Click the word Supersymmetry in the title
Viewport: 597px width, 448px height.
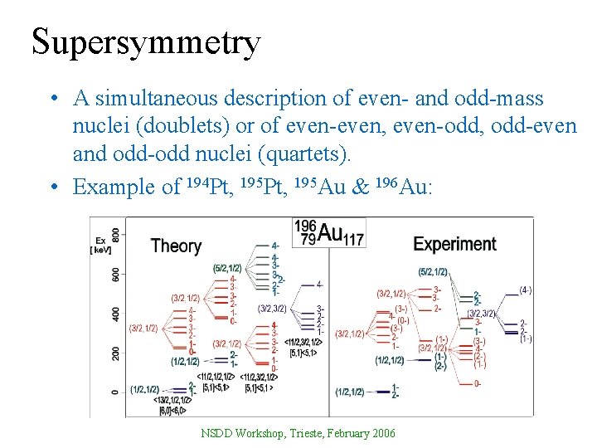point(146,41)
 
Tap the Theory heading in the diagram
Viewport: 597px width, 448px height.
point(176,246)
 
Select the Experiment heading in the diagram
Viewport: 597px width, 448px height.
point(454,244)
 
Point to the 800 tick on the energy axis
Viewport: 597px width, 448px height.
point(116,235)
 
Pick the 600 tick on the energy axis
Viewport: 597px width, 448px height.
point(116,275)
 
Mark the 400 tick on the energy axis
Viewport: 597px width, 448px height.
point(116,314)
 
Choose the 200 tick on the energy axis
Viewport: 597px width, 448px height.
point(116,353)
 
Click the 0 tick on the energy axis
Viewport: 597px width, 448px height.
point(116,392)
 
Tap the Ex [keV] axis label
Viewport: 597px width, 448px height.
point(100,243)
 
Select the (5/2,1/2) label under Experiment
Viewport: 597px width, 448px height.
point(433,272)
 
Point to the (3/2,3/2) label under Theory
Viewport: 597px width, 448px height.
point(273,309)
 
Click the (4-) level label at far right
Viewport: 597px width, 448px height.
point(525,290)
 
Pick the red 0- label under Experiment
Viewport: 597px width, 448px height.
point(478,382)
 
